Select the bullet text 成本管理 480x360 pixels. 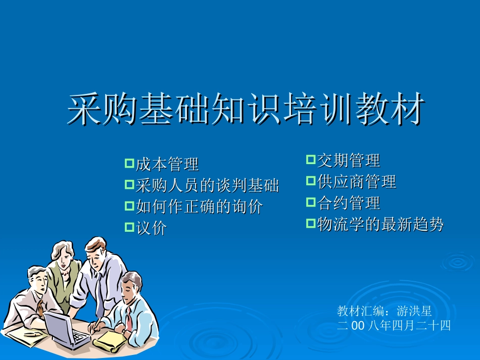[x=167, y=164]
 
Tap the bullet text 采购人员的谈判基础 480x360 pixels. [x=207, y=186]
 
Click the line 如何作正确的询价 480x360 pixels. [x=199, y=207]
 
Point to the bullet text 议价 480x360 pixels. [x=151, y=229]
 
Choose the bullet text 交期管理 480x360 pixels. [x=348, y=161]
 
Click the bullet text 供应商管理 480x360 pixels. [x=356, y=182]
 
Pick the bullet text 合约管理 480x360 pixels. [x=348, y=203]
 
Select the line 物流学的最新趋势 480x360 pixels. [x=380, y=224]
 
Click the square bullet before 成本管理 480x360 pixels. [x=129, y=163]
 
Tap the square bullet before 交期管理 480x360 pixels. [x=310, y=160]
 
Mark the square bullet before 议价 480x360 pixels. [x=129, y=228]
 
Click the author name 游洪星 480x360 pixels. [x=414, y=312]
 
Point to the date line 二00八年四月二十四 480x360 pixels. [x=394, y=326]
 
